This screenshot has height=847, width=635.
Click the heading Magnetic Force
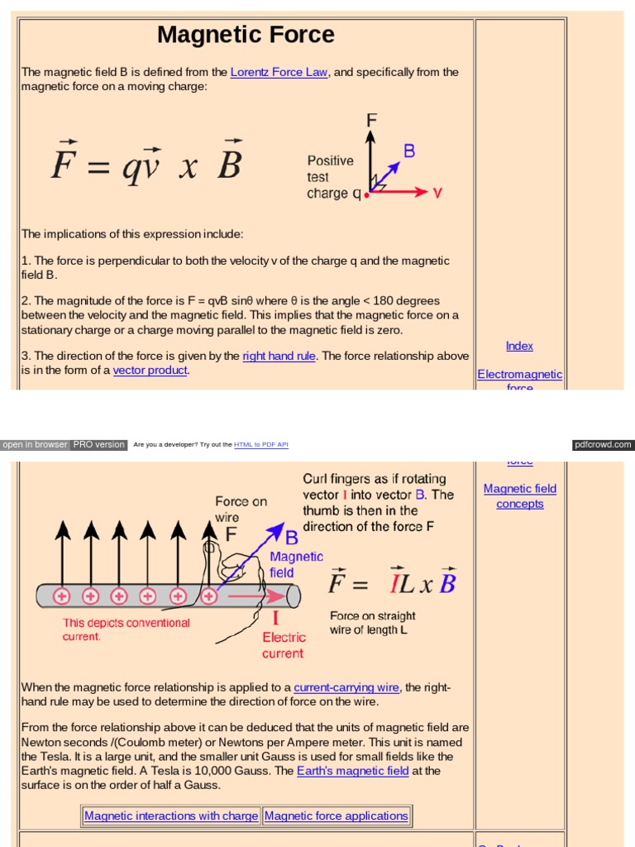[x=246, y=35]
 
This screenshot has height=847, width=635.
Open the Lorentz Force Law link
[x=279, y=72]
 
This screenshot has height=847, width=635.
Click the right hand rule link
[x=279, y=356]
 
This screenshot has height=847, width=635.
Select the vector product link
[x=150, y=370]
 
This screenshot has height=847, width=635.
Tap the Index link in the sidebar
[x=519, y=346]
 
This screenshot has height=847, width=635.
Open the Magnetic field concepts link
[x=519, y=496]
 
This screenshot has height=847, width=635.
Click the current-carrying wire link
[x=346, y=687]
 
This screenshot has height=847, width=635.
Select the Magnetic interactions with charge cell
[x=171, y=816]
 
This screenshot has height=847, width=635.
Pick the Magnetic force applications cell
[x=336, y=816]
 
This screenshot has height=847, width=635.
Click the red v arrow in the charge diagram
[x=405, y=192]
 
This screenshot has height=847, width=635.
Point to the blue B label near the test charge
[x=408, y=151]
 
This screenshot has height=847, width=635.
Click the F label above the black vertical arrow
[x=371, y=120]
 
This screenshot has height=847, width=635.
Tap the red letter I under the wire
[x=275, y=618]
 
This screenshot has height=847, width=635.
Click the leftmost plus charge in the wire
[x=61, y=596]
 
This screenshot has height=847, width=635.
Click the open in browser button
[x=35, y=444]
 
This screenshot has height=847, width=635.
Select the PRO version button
[x=98, y=444]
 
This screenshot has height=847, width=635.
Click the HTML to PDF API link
[x=260, y=445]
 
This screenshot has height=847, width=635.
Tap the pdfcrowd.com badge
[x=603, y=444]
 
